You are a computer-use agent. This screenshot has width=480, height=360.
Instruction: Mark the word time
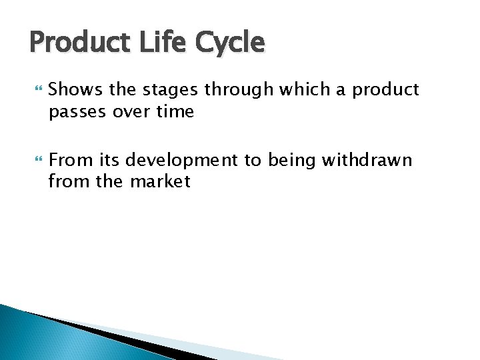click(175, 112)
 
